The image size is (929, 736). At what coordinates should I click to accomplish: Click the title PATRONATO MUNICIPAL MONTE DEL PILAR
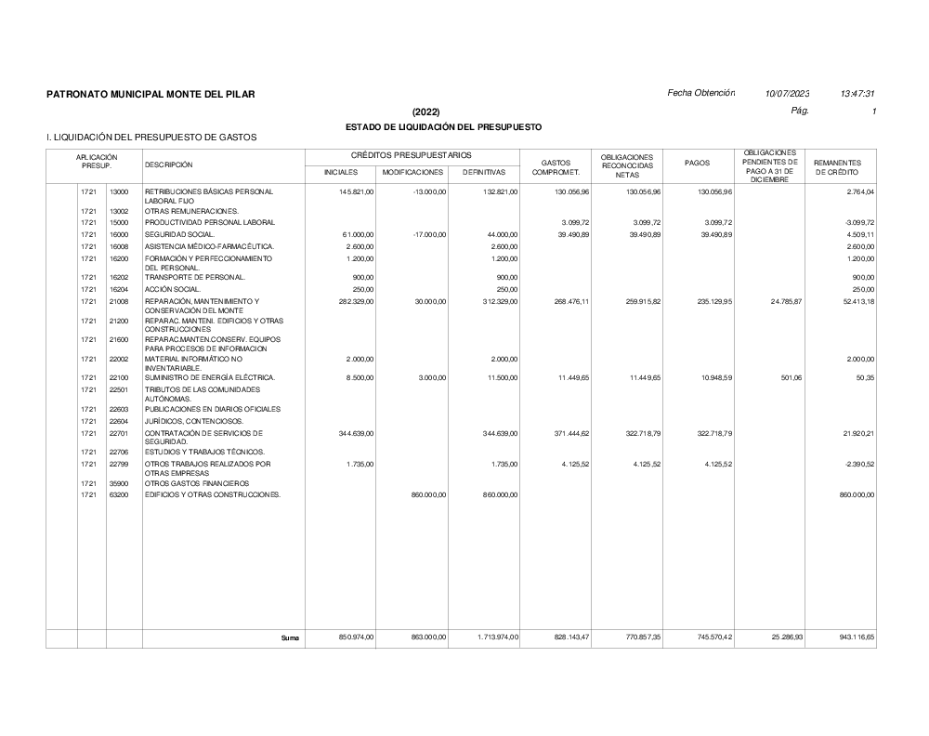pyautogui.click(x=150, y=94)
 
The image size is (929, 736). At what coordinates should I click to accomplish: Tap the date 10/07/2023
pyautogui.click(x=787, y=93)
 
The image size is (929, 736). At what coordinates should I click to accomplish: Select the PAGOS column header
pyautogui.click(x=697, y=164)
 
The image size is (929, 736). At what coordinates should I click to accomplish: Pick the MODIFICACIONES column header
pyautogui.click(x=412, y=173)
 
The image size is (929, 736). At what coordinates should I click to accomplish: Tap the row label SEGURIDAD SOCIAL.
pyautogui.click(x=180, y=234)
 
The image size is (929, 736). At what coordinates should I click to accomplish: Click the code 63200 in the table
pyautogui.click(x=119, y=495)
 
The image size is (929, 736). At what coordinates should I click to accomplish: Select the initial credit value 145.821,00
pyautogui.click(x=354, y=191)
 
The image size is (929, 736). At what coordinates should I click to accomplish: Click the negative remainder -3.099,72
pyautogui.click(x=856, y=223)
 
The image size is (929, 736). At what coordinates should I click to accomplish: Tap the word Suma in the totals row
pyautogui.click(x=291, y=638)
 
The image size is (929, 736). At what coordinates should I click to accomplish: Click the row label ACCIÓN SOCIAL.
pyautogui.click(x=173, y=290)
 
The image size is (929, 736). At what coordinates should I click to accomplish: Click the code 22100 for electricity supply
pyautogui.click(x=119, y=377)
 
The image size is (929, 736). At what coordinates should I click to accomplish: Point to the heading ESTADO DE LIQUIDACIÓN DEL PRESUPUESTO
pyautogui.click(x=443, y=126)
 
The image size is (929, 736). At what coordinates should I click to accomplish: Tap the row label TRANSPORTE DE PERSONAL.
pyautogui.click(x=195, y=277)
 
